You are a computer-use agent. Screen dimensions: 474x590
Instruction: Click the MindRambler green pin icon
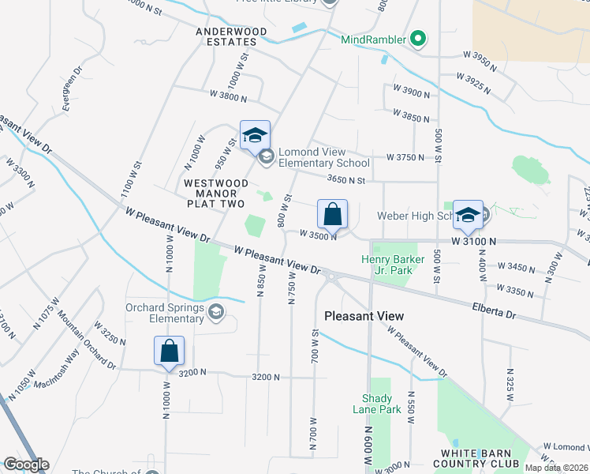coord(419,39)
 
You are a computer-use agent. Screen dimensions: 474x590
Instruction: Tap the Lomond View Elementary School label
coord(323,157)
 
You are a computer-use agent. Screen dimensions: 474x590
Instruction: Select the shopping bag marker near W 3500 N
coord(333,213)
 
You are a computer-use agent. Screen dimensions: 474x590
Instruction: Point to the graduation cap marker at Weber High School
coord(468,215)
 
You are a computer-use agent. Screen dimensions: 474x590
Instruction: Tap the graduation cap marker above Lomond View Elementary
coord(255,136)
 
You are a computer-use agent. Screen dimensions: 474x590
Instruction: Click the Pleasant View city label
coord(364,316)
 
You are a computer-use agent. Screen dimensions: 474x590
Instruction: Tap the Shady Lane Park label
coord(382,404)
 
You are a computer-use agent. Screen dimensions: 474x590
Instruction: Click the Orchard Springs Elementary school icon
coord(215,314)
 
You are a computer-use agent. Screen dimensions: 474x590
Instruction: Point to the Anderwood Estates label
coord(232,36)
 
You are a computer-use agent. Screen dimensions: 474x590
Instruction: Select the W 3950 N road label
coord(480,60)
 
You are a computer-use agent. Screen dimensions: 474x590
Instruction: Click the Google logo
coord(26,465)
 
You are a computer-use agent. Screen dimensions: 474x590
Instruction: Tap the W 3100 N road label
coord(474,239)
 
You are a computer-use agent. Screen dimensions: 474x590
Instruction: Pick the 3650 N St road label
coord(345,180)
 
